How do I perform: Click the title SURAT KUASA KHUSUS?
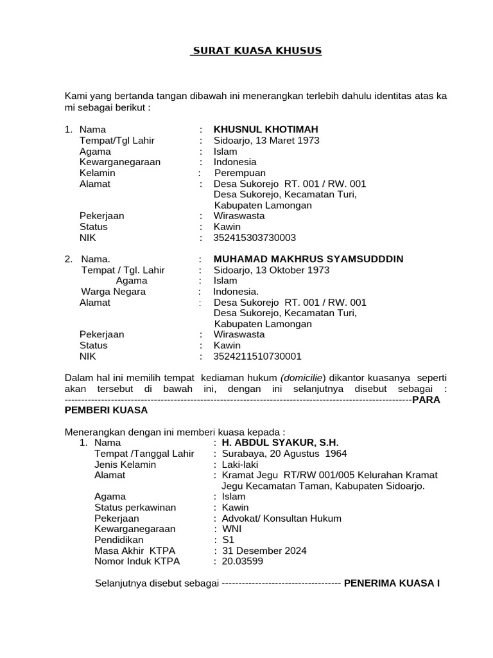tap(257, 50)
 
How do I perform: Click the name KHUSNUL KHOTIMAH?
tap(266, 129)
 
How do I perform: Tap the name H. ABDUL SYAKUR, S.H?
tap(280, 443)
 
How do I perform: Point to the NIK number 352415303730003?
tap(255, 237)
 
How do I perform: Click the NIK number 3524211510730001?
tap(257, 356)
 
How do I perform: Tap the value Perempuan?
tap(239, 173)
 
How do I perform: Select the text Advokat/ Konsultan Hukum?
tap(282, 519)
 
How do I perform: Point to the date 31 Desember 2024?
tap(264, 551)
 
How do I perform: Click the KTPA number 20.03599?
tap(242, 562)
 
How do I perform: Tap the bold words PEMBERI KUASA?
tap(107, 410)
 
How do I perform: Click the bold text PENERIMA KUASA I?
tap(392, 583)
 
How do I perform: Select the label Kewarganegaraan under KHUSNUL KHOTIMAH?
tap(120, 162)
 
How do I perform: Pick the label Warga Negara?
tap(113, 292)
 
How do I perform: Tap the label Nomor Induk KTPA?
tap(137, 562)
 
